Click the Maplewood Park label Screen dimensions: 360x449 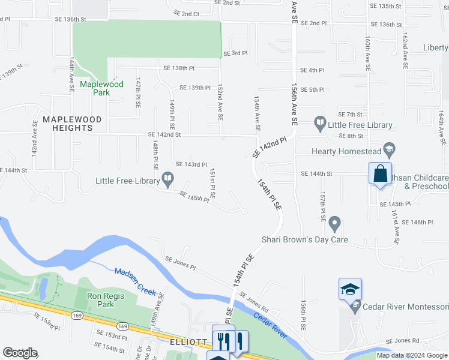coord(102,88)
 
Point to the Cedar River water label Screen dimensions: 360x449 coord(270,325)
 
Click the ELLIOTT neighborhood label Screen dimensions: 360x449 coord(188,341)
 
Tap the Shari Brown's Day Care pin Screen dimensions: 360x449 coord(335,224)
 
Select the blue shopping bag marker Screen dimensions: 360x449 coord(380,174)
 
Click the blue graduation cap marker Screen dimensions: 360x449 coord(350,289)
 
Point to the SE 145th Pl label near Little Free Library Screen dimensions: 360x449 coord(194,196)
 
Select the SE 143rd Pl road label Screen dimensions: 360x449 coord(191,164)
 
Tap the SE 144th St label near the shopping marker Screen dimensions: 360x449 coord(317,174)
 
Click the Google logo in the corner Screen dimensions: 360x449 coord(20,352)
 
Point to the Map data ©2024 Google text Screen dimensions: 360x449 coord(412,355)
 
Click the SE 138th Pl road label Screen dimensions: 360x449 coord(179,68)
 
